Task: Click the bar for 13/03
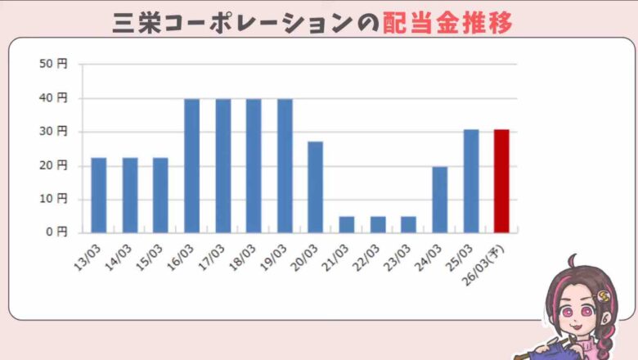tap(99, 195)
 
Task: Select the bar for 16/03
tap(192, 165)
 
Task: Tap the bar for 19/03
tap(285, 165)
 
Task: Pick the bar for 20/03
tap(316, 187)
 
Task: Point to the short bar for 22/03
tap(378, 224)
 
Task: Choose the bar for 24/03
tap(440, 199)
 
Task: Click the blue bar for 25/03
tap(471, 181)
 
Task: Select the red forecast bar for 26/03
tap(501, 181)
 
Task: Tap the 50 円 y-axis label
tap(55, 64)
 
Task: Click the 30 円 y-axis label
tap(55, 131)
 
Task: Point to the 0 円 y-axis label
tap(58, 232)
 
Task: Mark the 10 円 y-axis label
tap(55, 199)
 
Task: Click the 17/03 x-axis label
tap(214, 250)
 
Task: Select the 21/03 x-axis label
tap(338, 250)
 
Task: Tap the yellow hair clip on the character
tap(604, 290)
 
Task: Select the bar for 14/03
tap(130, 195)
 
